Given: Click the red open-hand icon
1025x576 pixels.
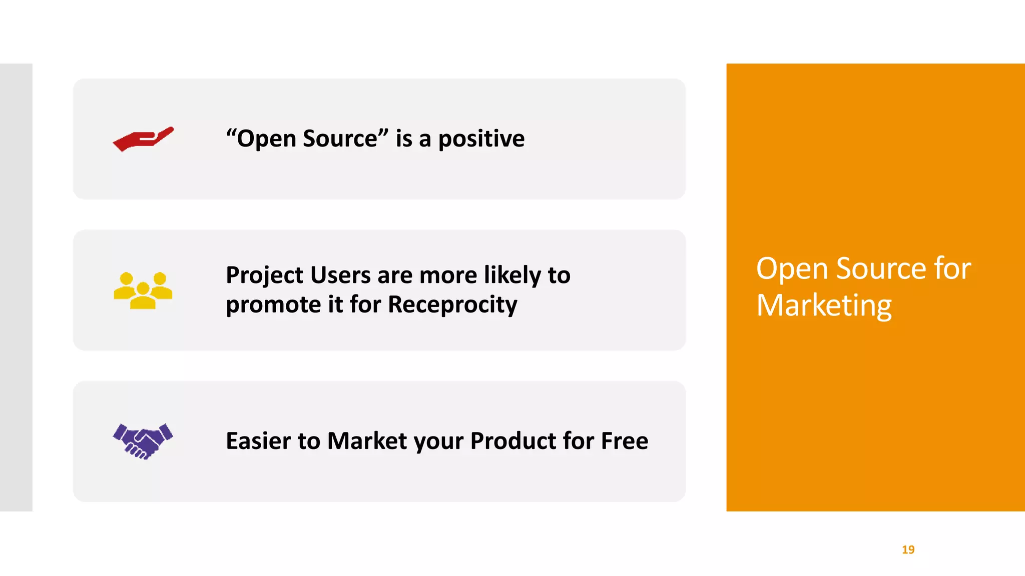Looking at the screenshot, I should click(143, 139).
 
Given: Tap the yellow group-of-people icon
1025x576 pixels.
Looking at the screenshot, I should click(143, 290).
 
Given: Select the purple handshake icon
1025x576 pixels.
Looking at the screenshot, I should click(143, 441).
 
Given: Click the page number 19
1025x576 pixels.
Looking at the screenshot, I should click(908, 549).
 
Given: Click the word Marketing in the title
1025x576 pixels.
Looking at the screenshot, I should click(824, 305).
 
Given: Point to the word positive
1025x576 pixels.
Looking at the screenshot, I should click(481, 138).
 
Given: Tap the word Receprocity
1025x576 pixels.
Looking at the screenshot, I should click(452, 304).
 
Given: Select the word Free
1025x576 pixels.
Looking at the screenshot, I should click(624, 441).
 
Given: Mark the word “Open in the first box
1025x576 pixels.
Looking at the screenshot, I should click(261, 138).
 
